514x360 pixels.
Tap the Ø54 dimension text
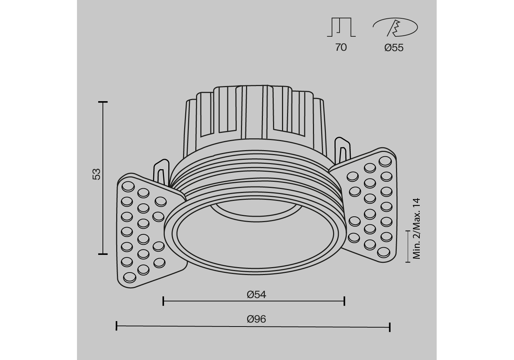pos(256,295)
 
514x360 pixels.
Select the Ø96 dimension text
pos(256,319)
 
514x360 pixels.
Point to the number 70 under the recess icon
pos(341,48)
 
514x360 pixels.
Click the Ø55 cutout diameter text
pos(394,48)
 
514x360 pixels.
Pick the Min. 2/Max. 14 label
pos(417,229)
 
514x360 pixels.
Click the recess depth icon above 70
pos(341,27)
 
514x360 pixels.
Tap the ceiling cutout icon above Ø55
pos(395,27)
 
